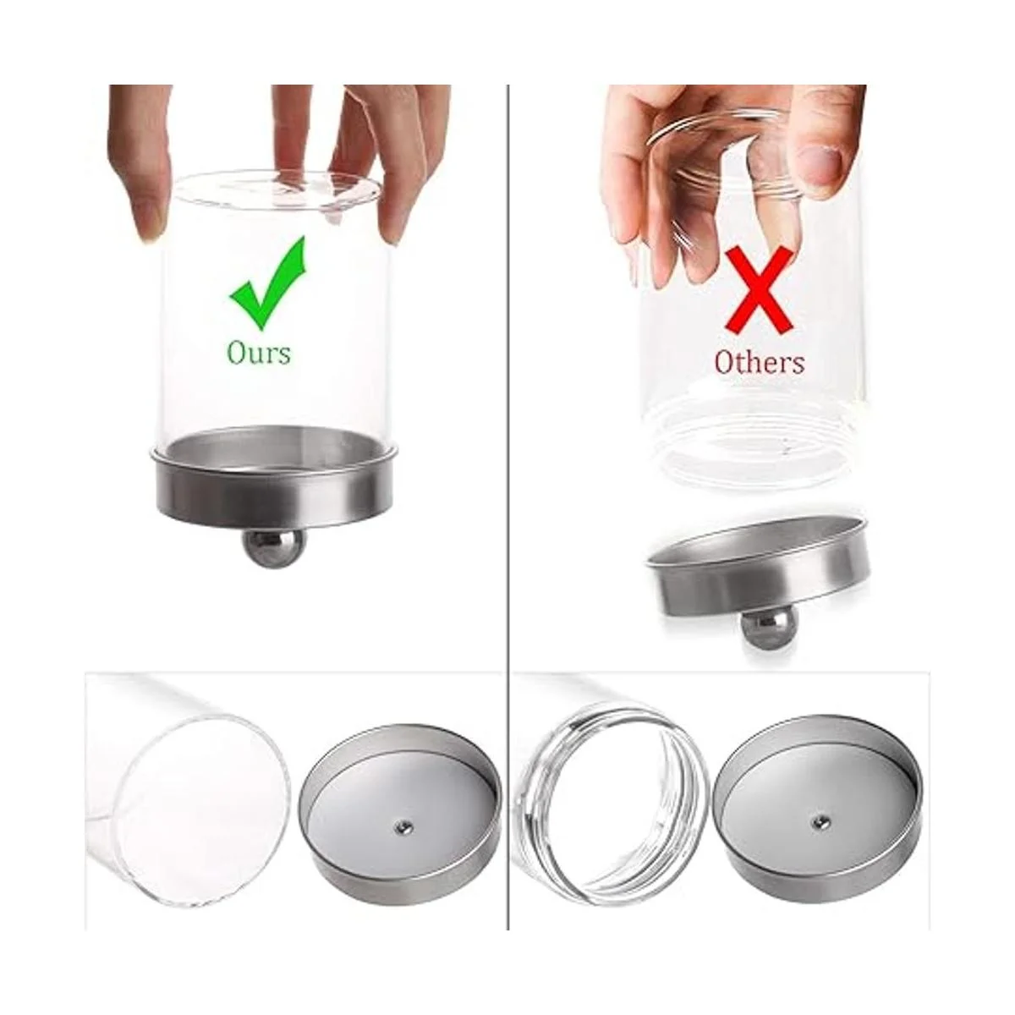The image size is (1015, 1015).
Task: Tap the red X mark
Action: [x=759, y=290]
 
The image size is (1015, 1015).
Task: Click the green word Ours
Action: [x=259, y=353]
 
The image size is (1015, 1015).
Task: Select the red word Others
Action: [x=760, y=362]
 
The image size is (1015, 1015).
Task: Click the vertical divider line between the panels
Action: [x=508, y=502]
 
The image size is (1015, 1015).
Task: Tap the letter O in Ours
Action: [x=236, y=352]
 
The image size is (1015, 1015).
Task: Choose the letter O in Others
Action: [x=725, y=362]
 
